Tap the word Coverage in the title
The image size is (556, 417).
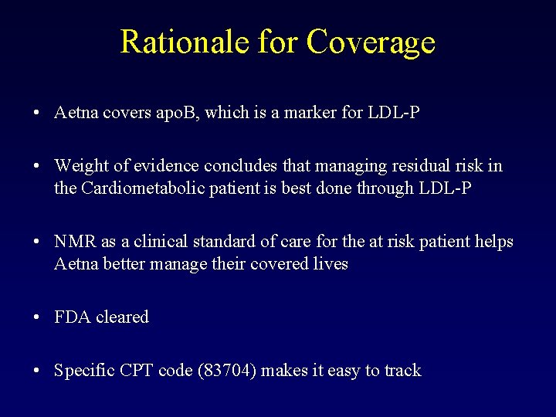pos(371,43)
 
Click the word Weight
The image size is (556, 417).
pos(81,166)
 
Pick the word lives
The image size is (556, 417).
pos(331,263)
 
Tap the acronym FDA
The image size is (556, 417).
pos(73,317)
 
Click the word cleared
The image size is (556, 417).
pos(122,317)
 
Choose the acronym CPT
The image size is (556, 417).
pos(137,371)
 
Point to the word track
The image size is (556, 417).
pos(402,371)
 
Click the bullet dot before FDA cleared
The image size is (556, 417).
pos(37,317)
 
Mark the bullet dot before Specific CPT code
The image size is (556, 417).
pos(37,371)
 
